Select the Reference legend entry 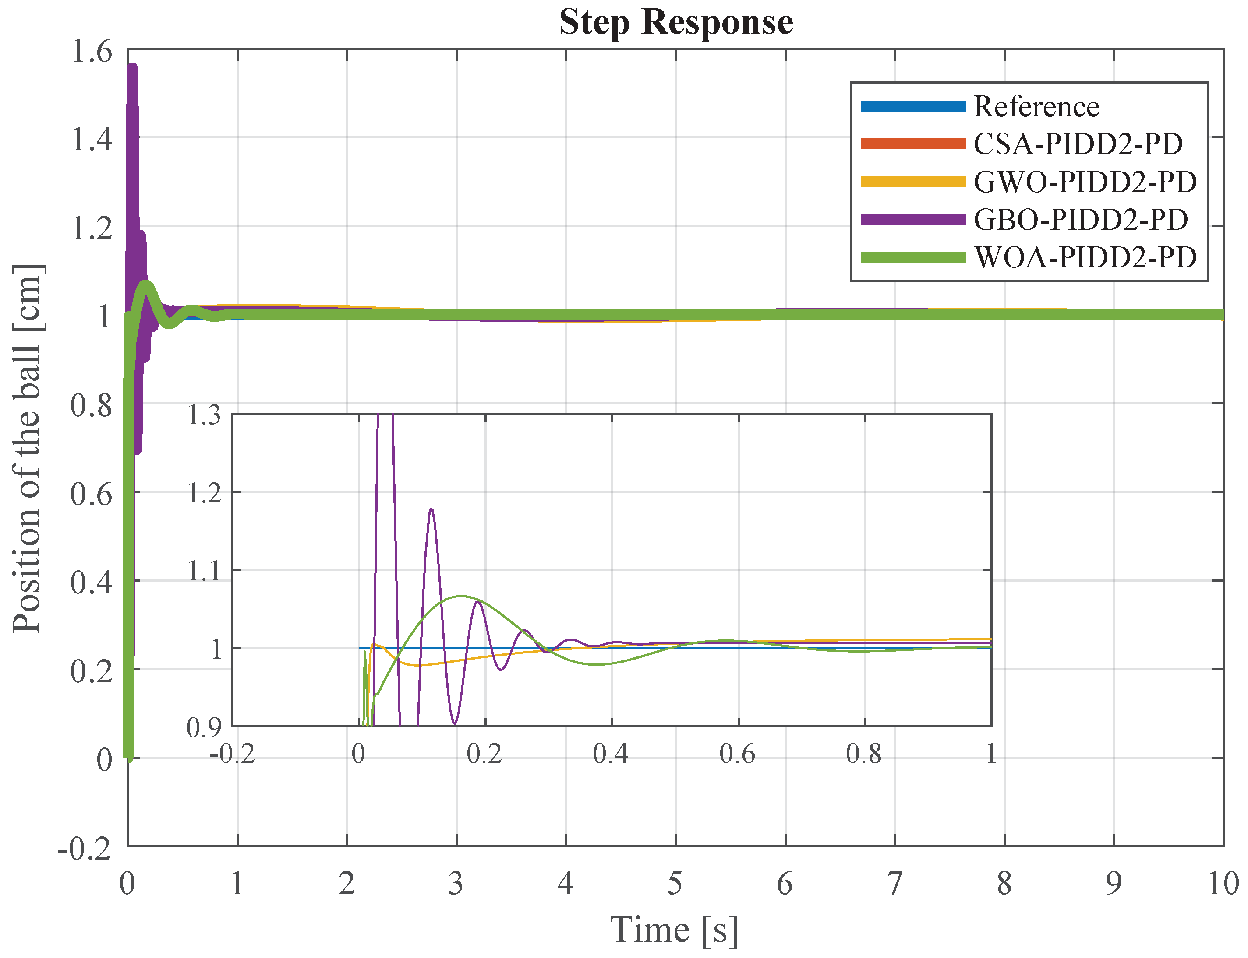click(x=1035, y=107)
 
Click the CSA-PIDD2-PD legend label click(x=1077, y=144)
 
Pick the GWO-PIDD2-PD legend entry click(x=1084, y=182)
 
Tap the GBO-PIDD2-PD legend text click(x=1080, y=220)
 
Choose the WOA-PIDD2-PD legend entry click(x=1085, y=258)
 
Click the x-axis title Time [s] click(x=675, y=930)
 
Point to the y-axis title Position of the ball click(x=28, y=448)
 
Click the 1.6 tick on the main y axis click(x=91, y=51)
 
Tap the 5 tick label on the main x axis click(x=675, y=883)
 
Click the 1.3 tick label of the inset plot click(x=204, y=414)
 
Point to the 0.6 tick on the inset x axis click(x=737, y=754)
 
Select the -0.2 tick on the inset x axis click(x=232, y=754)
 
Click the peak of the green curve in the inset click(x=460, y=597)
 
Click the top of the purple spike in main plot click(x=132, y=67)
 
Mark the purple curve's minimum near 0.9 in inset click(x=454, y=723)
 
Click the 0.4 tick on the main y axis click(x=91, y=582)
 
